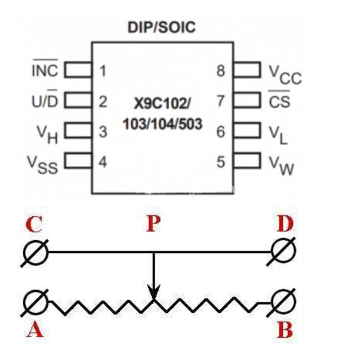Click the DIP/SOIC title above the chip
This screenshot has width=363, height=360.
161,28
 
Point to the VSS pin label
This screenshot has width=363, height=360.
42,165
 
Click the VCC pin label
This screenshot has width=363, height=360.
285,75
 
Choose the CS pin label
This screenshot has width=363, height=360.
279,99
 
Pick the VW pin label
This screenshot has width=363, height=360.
281,165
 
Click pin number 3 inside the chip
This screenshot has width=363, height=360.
103,132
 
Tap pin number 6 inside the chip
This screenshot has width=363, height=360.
220,132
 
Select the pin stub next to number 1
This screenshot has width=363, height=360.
78,69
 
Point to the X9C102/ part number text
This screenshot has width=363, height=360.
162,103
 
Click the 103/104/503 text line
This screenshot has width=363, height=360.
163,124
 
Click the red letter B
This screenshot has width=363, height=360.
285,330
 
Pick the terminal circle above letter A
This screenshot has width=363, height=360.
36,302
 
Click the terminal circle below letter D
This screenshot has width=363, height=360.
283,251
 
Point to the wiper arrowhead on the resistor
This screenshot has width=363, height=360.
154,293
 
